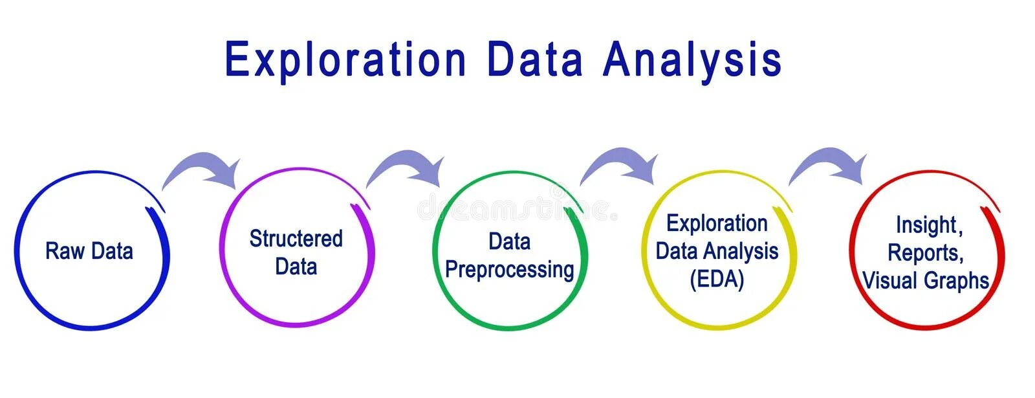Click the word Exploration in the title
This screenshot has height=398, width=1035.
(x=345, y=60)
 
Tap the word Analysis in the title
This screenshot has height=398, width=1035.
(x=692, y=60)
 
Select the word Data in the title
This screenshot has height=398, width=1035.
(x=534, y=60)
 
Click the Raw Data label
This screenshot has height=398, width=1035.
(x=89, y=251)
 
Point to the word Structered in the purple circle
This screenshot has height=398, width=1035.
(x=296, y=239)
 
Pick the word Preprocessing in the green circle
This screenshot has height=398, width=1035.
(x=510, y=270)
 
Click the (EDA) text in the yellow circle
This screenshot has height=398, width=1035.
(x=717, y=279)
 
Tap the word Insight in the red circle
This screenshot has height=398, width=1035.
(x=929, y=225)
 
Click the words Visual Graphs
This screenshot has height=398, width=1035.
(x=926, y=281)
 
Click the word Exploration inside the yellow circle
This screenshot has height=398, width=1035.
(x=717, y=223)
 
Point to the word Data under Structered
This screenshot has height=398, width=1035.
(x=296, y=267)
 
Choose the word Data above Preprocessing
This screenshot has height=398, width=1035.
(x=510, y=242)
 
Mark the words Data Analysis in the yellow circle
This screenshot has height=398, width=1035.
(x=717, y=251)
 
